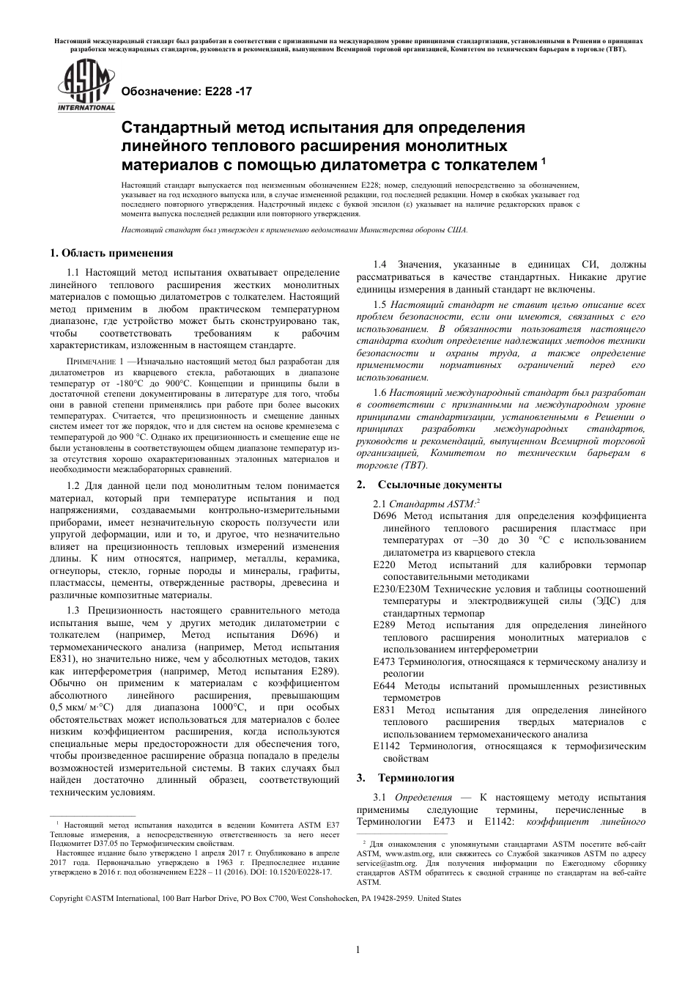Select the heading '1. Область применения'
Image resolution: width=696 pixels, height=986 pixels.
[x=111, y=253]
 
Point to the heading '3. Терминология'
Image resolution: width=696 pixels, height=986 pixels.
[x=405, y=778]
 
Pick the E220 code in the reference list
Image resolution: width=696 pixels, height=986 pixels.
[x=384, y=565]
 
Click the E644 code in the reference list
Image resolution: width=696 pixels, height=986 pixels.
[x=384, y=685]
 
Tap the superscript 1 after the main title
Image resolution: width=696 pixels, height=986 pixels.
[x=543, y=156]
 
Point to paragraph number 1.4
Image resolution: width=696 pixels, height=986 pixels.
[x=380, y=265]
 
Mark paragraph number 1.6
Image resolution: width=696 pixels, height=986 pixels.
[x=380, y=393]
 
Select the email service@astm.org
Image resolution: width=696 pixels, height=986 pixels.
[x=381, y=863]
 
